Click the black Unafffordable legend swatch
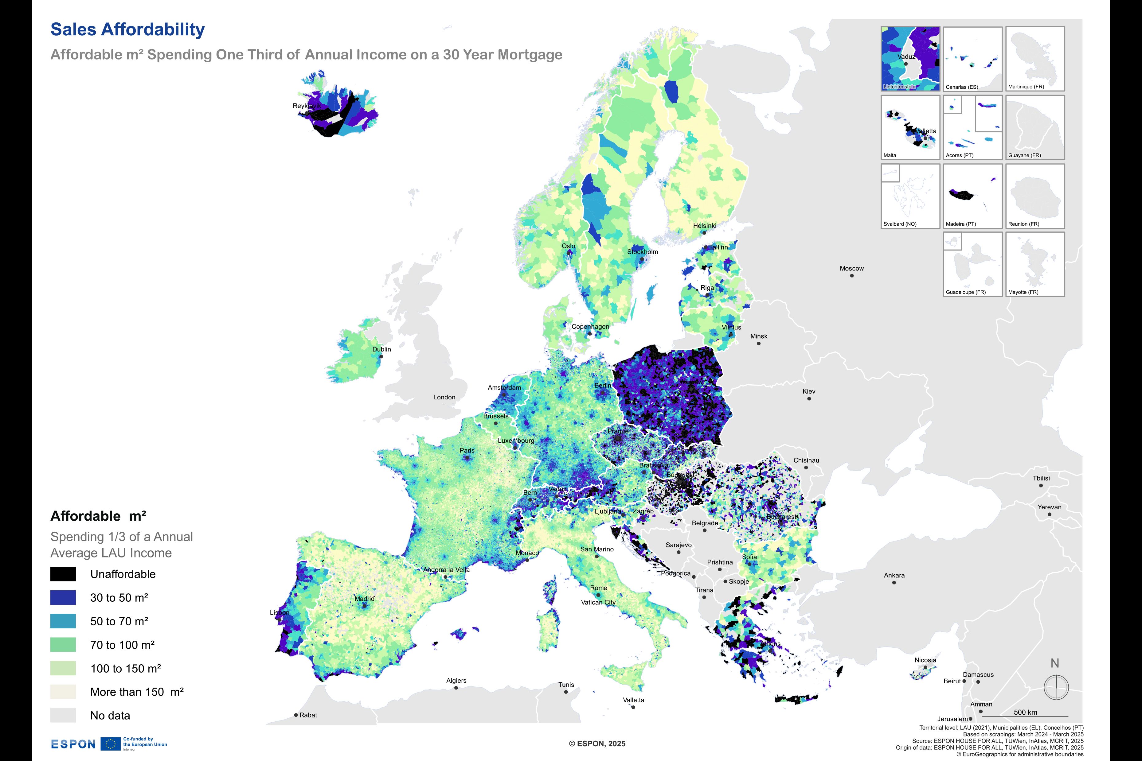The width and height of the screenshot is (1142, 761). (x=63, y=574)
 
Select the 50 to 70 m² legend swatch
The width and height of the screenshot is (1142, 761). (x=63, y=621)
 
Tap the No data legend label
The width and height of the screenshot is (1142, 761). (x=110, y=715)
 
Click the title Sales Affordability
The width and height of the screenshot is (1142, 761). (x=128, y=29)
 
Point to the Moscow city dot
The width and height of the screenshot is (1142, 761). (x=852, y=276)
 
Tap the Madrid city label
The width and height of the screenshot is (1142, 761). (x=364, y=598)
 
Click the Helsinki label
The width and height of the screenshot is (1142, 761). (x=705, y=226)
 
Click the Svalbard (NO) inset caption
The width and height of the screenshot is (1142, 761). (x=900, y=224)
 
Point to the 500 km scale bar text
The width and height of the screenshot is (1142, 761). (x=1026, y=712)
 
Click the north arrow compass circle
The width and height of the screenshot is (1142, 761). (x=1056, y=687)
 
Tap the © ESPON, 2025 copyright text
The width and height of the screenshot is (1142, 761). (x=597, y=744)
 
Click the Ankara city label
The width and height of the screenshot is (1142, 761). (x=894, y=575)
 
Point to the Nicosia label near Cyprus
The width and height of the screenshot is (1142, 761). (x=925, y=660)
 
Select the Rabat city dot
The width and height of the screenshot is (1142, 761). (x=296, y=715)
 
